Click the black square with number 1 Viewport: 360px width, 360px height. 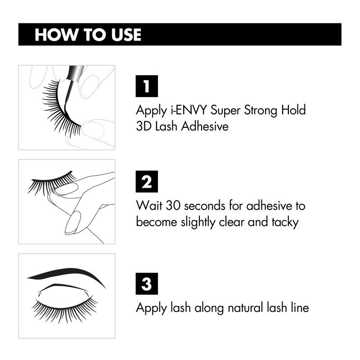click(146, 86)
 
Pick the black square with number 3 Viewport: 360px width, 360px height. click(146, 284)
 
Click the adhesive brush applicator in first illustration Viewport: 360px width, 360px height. click(72, 83)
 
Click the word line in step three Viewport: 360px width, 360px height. click(299, 308)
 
